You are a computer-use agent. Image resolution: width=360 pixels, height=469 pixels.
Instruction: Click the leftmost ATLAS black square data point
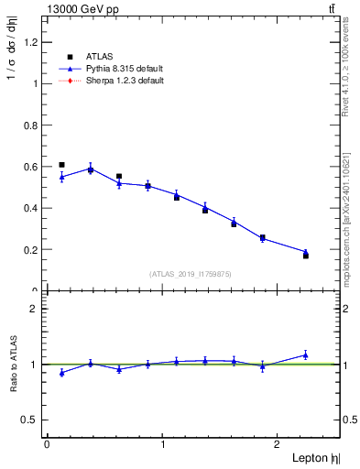pyautogui.click(x=61, y=165)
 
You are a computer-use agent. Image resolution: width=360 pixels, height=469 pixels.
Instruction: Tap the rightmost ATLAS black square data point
pyautogui.click(x=306, y=256)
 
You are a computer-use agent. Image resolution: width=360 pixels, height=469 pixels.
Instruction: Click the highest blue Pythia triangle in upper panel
pyautogui.click(x=91, y=169)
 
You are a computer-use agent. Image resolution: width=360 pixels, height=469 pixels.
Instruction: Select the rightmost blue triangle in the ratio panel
pyautogui.click(x=306, y=354)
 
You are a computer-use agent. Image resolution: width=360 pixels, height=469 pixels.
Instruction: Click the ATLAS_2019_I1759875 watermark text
pyautogui.click(x=191, y=274)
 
